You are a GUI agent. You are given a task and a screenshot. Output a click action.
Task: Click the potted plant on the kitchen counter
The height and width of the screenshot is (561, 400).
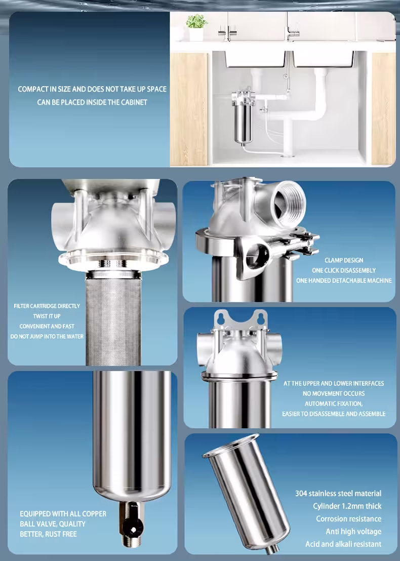click(196, 27)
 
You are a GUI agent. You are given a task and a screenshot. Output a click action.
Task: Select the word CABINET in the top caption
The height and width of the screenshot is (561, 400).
click(134, 102)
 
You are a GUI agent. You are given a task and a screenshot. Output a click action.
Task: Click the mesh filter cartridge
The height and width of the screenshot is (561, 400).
click(113, 322)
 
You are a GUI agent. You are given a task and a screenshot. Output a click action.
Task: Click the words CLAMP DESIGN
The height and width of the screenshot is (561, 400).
click(344, 260)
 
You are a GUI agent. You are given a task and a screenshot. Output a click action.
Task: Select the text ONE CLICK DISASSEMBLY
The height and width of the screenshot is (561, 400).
click(344, 270)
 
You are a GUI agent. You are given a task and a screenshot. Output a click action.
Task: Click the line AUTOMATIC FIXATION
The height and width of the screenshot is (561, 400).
click(334, 404)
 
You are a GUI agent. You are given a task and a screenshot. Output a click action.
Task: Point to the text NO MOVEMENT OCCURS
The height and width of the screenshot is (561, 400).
click(334, 393)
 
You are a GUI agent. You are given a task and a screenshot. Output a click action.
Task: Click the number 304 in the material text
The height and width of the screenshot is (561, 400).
click(301, 493)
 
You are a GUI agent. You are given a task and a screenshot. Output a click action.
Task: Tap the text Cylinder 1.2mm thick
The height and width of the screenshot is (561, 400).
click(347, 506)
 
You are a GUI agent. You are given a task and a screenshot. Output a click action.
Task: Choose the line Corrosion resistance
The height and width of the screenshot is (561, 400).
click(348, 519)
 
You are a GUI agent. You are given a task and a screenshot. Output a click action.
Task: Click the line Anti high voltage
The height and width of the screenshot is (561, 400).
click(353, 532)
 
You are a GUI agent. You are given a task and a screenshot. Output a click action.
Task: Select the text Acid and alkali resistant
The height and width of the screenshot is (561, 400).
click(343, 544)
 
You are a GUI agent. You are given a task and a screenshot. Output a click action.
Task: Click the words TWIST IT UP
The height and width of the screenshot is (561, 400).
click(47, 316)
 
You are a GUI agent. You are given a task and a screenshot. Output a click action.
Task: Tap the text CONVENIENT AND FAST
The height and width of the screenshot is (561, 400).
click(47, 326)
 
